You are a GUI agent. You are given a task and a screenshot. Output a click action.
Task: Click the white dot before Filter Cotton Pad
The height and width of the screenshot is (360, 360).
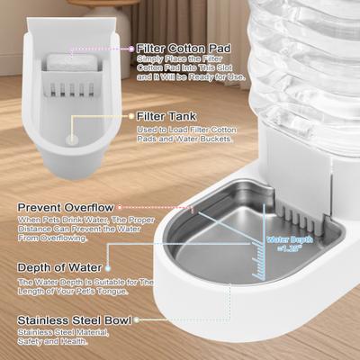(x=131, y=48)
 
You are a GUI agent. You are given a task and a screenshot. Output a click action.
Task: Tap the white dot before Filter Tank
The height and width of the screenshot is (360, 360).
(x=131, y=116)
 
